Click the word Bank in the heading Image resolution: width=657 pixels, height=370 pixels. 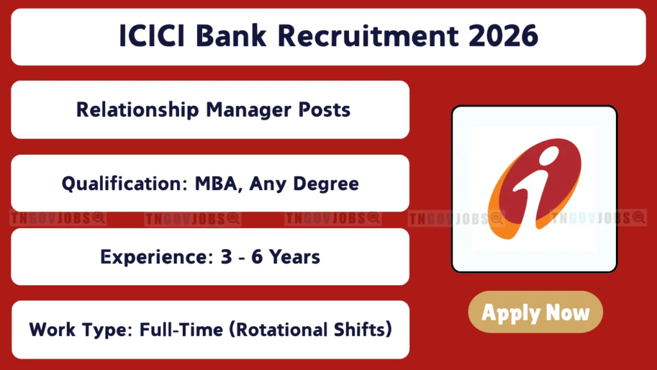pos(234,37)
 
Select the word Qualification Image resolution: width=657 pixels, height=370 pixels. pos(120,184)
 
